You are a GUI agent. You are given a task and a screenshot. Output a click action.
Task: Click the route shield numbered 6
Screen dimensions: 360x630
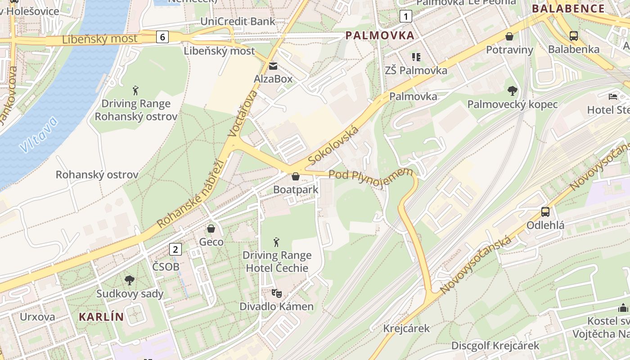click(162, 37)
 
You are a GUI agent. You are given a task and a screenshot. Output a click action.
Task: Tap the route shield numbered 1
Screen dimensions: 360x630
click(406, 17)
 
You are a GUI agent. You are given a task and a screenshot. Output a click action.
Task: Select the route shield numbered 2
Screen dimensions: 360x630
click(175, 249)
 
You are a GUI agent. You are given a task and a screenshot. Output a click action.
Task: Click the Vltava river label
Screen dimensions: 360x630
click(39, 134)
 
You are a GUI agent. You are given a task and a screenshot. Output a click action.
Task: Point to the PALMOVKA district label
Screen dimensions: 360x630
click(380, 36)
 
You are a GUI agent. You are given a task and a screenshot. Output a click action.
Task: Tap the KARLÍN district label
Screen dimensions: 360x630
click(101, 316)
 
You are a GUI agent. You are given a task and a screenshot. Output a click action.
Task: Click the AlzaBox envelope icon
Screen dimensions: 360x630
click(273, 67)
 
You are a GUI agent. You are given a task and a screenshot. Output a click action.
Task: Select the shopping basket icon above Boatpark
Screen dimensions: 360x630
click(296, 176)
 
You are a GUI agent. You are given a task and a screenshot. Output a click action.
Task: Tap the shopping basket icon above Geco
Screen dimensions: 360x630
click(211, 229)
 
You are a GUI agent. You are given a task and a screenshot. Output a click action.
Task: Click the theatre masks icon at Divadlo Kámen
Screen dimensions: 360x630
click(276, 293)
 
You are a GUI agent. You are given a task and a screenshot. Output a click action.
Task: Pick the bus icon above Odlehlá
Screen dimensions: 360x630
click(545, 211)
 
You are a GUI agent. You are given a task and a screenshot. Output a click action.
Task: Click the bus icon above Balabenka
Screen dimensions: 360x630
click(573, 36)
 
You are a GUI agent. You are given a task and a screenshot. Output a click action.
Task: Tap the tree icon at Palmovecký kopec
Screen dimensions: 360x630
click(512, 91)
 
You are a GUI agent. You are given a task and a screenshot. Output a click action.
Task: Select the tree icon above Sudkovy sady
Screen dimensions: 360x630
click(130, 280)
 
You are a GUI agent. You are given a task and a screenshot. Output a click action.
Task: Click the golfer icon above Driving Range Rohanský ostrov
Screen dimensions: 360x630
click(135, 90)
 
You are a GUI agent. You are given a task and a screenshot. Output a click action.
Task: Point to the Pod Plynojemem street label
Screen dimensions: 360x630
click(371, 174)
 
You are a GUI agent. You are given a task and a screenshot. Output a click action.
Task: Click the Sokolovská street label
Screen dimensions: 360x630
click(334, 145)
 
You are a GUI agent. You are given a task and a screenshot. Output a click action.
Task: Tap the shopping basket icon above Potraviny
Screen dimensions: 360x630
click(509, 36)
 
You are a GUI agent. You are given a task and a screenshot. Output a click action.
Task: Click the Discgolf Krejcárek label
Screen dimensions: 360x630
click(495, 346)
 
